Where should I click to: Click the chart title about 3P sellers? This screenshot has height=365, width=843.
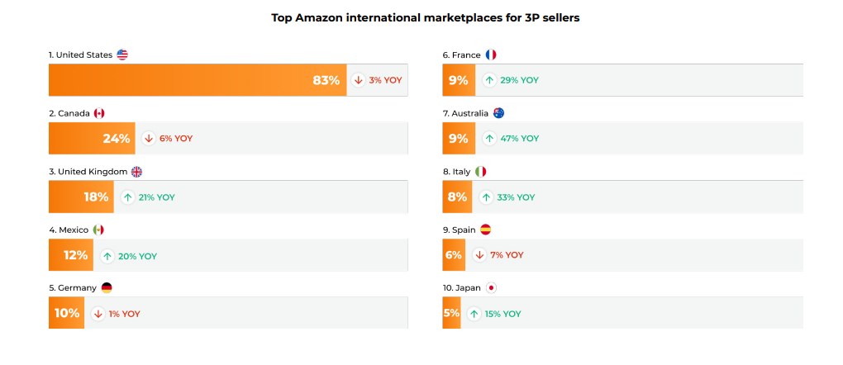(x=425, y=17)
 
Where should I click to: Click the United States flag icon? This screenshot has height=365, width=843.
(x=122, y=55)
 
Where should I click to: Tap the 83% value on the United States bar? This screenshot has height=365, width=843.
(x=326, y=80)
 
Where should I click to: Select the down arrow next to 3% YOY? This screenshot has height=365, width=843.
(x=358, y=80)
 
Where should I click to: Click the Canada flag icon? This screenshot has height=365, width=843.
(x=99, y=113)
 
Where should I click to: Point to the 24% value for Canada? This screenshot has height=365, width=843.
(x=117, y=139)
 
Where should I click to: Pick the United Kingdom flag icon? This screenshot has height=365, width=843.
(x=137, y=172)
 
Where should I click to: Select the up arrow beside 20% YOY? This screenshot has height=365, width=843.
(x=107, y=256)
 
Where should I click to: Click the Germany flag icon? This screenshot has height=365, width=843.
(x=106, y=288)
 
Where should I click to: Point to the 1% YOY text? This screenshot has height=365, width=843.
(x=125, y=314)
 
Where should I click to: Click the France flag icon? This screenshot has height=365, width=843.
(x=491, y=55)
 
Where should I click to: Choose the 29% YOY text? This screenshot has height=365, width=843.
(x=519, y=80)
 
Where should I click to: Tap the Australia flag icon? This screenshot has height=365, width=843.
(x=498, y=113)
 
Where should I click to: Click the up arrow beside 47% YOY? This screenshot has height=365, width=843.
(x=489, y=139)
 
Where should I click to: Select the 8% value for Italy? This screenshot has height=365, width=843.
(x=457, y=197)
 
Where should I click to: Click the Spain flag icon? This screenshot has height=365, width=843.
(x=486, y=230)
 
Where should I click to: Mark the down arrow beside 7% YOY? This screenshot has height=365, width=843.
(x=479, y=255)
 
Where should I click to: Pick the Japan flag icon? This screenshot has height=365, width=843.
(x=491, y=288)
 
